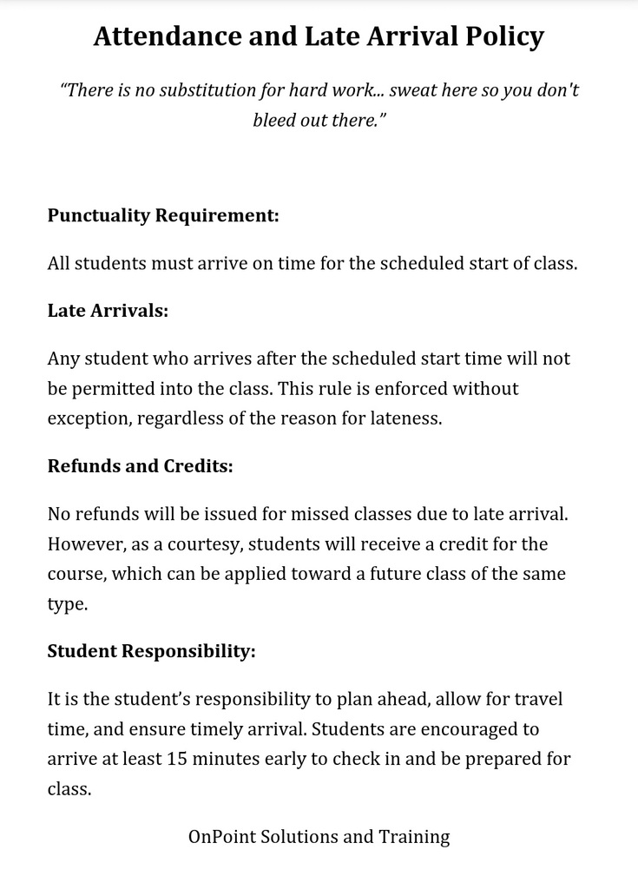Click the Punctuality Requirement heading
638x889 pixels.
coord(163,215)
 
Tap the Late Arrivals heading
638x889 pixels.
coord(108,310)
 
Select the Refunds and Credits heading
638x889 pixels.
coord(140,465)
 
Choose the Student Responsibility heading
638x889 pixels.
coord(151,651)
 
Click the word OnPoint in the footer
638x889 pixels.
coord(218,837)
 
